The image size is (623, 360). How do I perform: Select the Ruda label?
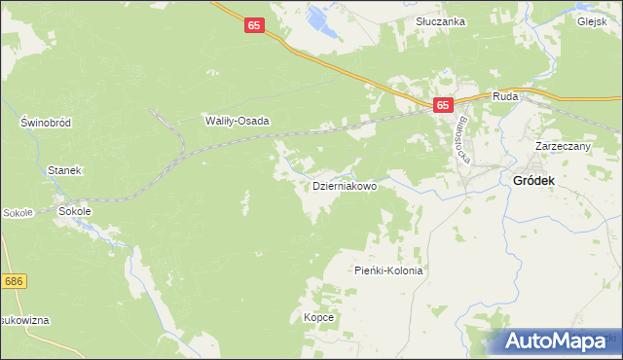click(x=504, y=96)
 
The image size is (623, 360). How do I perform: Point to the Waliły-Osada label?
click(x=237, y=122)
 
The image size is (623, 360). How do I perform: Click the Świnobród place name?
click(x=45, y=123)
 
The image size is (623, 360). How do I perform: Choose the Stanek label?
click(x=65, y=170)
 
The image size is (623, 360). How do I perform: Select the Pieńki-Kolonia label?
click(x=388, y=271)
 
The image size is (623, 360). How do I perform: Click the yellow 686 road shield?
click(x=13, y=281)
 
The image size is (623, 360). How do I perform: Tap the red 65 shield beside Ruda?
click(x=443, y=105)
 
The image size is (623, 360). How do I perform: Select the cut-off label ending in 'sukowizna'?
click(x=24, y=320)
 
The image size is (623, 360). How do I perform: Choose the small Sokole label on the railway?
click(x=18, y=211)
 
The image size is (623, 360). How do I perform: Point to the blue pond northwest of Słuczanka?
click(x=316, y=17)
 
